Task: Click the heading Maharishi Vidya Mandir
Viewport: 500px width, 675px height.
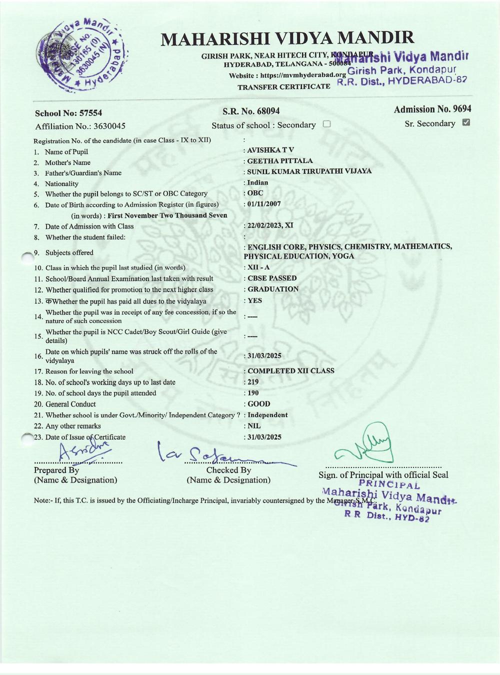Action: [x=287, y=38]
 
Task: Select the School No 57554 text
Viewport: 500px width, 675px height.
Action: [x=68, y=113]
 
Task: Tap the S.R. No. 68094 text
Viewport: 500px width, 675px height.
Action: [x=251, y=111]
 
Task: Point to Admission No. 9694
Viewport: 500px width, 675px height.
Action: [x=432, y=109]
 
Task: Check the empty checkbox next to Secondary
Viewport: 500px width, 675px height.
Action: [x=326, y=124]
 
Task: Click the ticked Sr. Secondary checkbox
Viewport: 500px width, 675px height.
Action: [x=466, y=122]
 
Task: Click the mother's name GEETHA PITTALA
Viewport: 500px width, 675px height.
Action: [x=280, y=161]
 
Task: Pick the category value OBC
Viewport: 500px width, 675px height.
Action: [x=255, y=193]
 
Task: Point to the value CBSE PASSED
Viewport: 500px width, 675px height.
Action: [x=272, y=278]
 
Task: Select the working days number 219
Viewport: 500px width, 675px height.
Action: [x=253, y=382]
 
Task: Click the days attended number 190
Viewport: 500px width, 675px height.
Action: [x=253, y=393]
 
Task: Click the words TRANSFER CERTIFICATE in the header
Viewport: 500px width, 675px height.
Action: [x=283, y=87]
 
